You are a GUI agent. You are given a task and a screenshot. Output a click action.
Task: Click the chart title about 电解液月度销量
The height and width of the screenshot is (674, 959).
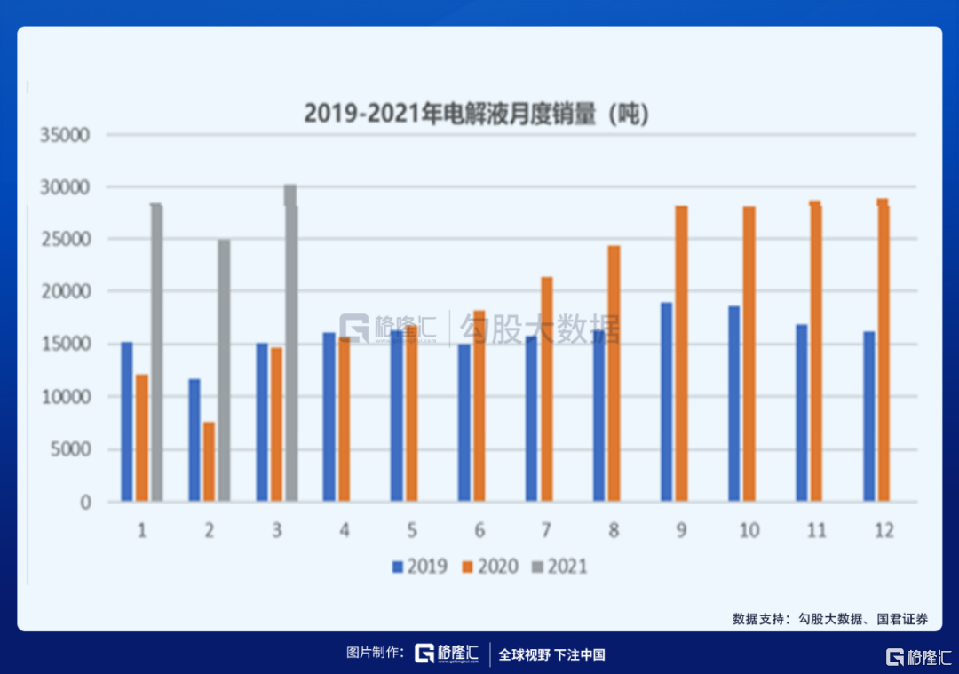click(478, 114)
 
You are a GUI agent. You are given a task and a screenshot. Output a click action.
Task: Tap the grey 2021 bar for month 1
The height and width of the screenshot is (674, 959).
click(156, 353)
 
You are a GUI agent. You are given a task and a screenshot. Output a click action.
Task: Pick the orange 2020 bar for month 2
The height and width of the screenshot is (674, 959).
click(209, 462)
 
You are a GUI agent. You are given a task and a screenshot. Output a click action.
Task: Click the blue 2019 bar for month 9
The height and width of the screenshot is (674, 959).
click(666, 402)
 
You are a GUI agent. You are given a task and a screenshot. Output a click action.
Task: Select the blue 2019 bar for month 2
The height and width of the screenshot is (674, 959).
click(194, 440)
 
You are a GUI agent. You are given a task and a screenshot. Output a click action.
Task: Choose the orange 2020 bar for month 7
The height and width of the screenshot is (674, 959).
click(547, 390)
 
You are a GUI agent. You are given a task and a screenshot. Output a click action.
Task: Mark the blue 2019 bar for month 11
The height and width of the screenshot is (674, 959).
click(802, 413)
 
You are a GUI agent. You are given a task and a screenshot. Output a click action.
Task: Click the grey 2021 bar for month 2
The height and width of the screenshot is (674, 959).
click(224, 370)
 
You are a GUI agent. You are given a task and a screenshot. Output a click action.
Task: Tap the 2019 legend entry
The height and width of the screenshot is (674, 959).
click(420, 566)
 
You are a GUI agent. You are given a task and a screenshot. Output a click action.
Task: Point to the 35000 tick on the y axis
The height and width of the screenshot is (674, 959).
click(66, 136)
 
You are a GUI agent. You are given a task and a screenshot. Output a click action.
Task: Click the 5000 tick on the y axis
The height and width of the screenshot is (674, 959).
click(71, 449)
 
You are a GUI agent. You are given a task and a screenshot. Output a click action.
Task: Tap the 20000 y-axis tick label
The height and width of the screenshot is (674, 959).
click(66, 292)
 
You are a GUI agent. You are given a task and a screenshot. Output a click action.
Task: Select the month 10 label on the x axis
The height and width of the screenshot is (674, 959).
click(749, 530)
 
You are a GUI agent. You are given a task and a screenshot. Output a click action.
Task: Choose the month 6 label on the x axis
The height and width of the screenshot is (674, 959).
click(479, 530)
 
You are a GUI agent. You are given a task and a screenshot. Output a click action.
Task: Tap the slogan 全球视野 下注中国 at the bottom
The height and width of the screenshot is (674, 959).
click(551, 655)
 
